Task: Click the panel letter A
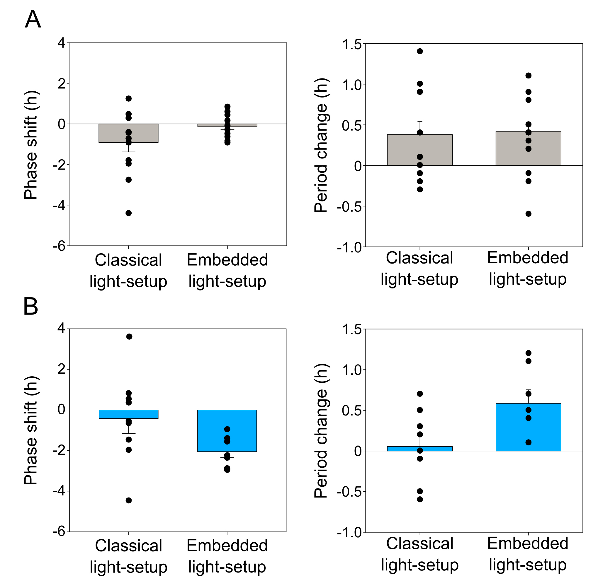point(33,19)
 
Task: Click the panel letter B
point(30,306)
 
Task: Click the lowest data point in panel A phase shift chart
point(129,213)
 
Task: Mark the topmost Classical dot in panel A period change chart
point(420,51)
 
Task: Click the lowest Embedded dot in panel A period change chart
point(529,214)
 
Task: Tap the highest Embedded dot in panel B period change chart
point(529,353)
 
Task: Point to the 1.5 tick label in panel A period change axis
point(352,45)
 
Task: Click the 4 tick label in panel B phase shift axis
point(62,328)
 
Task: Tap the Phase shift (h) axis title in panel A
point(31,145)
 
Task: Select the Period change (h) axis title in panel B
point(321,431)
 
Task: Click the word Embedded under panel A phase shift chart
point(227,260)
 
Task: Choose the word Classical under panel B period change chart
point(419,543)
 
